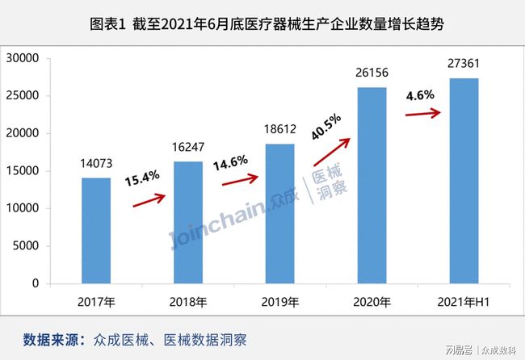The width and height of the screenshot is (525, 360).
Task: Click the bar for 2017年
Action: pos(95,230)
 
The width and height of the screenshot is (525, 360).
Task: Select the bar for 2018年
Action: pos(188,222)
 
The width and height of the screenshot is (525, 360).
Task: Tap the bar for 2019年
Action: pos(281,213)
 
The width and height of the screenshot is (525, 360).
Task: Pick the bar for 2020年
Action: pos(372,185)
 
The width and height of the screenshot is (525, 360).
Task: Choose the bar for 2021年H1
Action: pos(464,181)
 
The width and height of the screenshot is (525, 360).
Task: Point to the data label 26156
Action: pos(372,74)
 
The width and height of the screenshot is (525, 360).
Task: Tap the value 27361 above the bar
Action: pos(464,65)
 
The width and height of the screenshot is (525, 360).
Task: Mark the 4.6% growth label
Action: pos(420,94)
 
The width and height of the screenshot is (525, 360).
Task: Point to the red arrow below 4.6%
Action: pos(422,112)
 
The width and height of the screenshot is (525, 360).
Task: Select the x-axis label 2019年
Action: pos(281,303)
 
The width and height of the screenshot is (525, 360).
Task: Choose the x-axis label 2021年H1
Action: pos(464,303)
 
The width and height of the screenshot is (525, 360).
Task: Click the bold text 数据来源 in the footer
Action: pos(53,338)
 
